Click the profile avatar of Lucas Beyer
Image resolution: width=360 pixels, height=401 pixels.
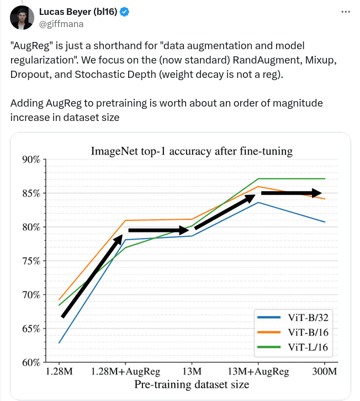coord(20,18)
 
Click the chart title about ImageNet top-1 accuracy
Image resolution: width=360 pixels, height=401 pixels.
coord(191,150)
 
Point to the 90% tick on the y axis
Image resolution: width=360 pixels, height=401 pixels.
coord(31,160)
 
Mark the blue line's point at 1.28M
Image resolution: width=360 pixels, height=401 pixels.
coord(59,342)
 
